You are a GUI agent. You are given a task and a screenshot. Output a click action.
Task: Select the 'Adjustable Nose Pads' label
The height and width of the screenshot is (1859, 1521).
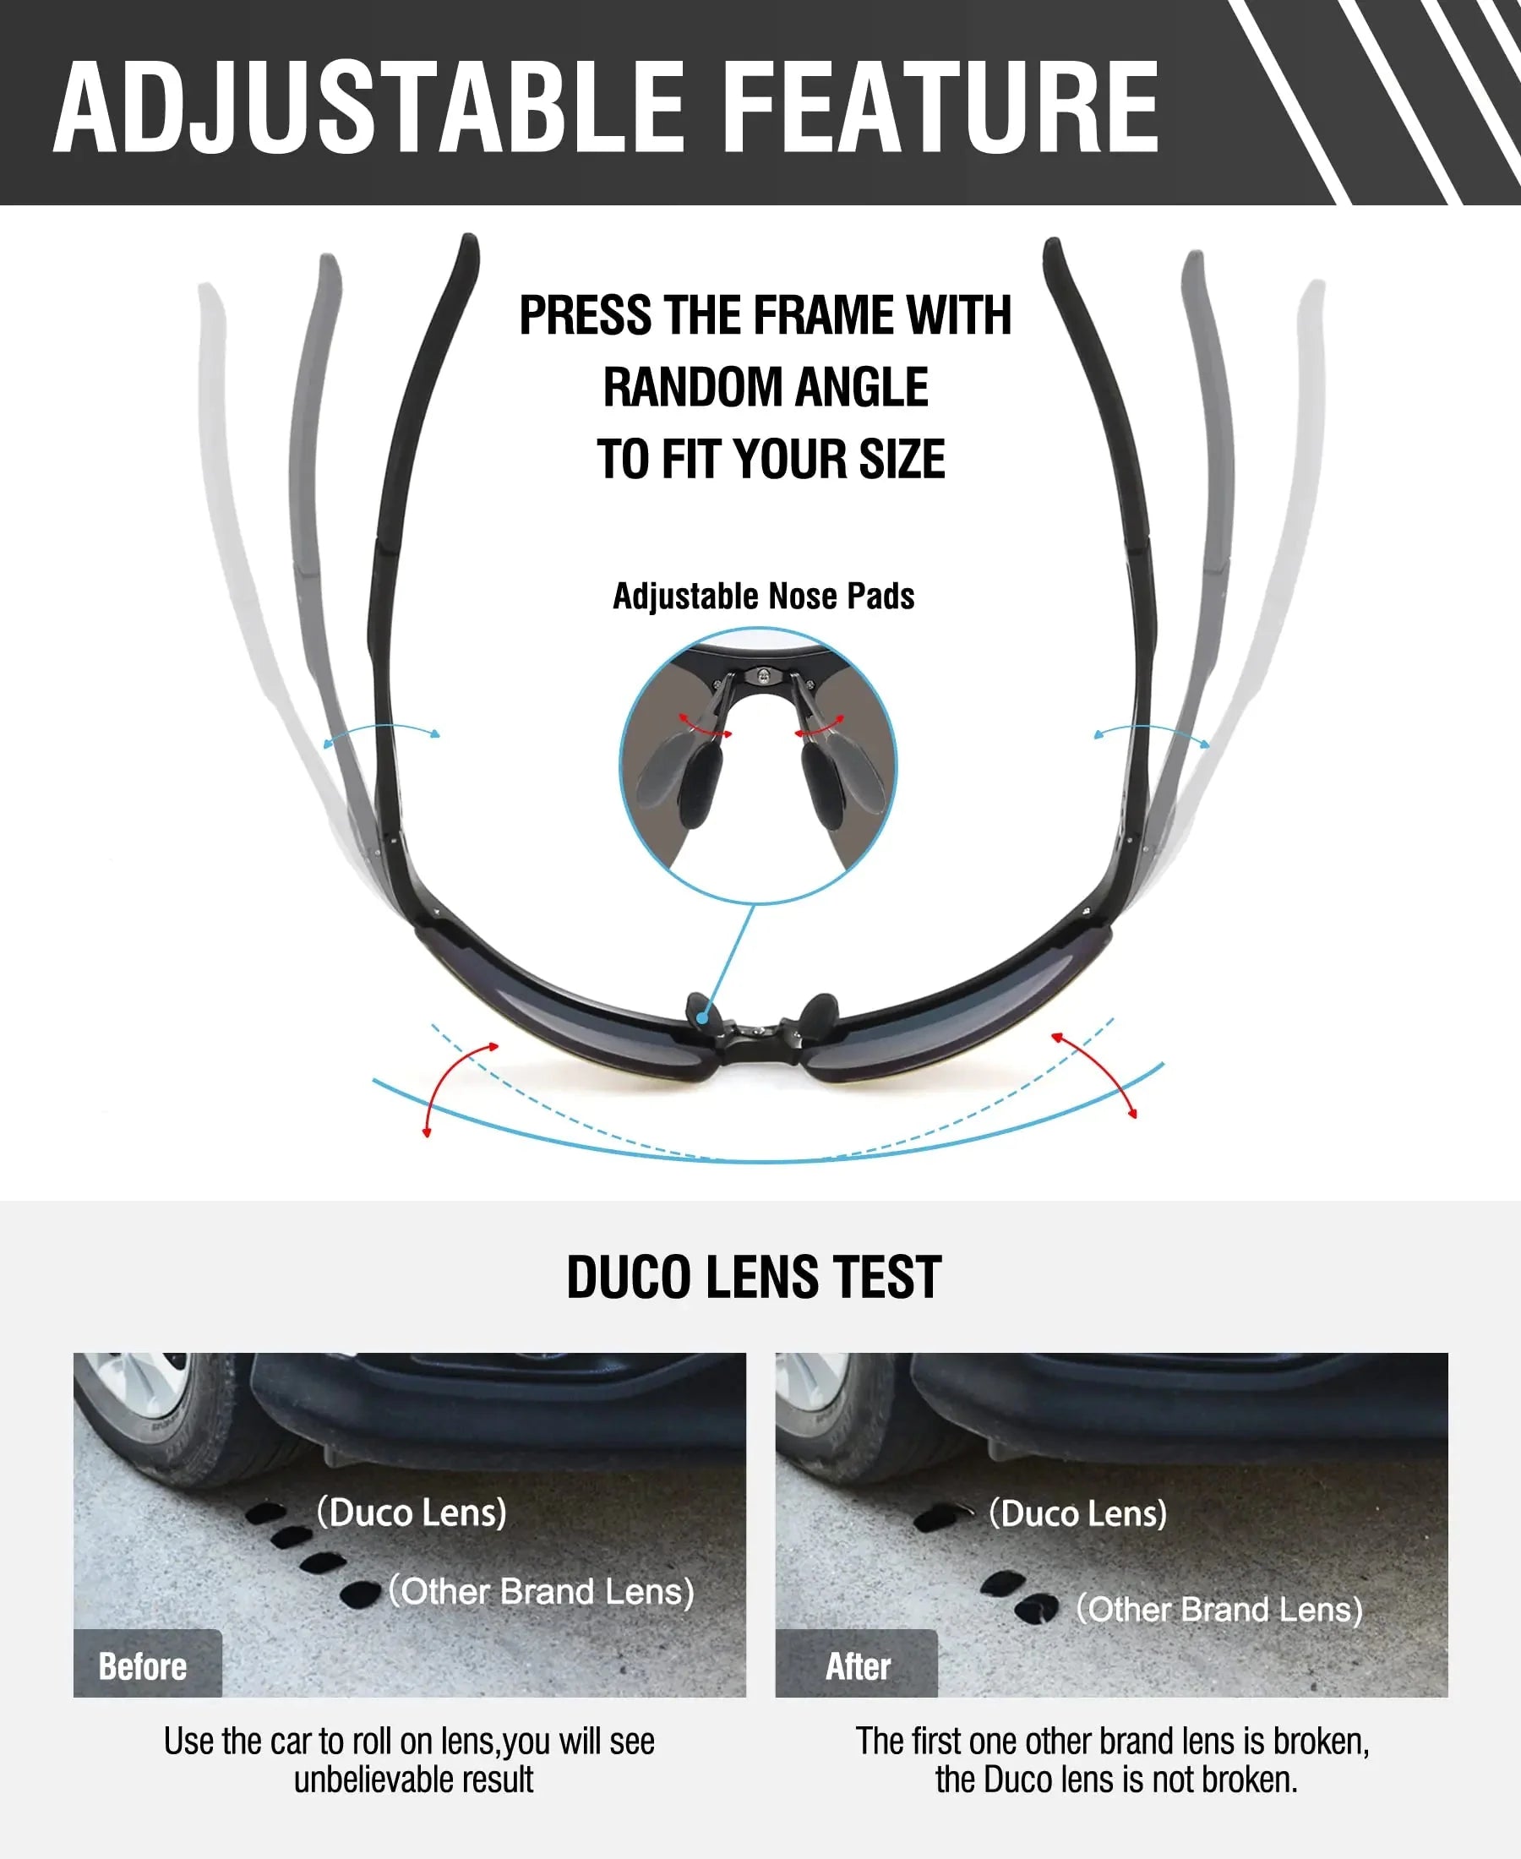[763, 597]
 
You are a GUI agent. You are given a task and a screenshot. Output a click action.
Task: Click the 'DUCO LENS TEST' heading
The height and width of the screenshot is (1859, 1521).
[755, 1277]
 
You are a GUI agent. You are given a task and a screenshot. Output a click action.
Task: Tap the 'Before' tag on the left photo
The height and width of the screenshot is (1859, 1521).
[143, 1665]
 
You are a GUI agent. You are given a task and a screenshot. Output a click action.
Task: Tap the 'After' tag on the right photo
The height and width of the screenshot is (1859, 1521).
[858, 1665]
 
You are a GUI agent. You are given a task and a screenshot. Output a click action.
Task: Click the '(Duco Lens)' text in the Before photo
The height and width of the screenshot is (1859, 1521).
[412, 1512]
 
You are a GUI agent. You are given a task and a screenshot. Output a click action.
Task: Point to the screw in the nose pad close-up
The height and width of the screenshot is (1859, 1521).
[764, 674]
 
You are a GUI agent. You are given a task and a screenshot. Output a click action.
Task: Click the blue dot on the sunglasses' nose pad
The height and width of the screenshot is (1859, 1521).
[702, 1017]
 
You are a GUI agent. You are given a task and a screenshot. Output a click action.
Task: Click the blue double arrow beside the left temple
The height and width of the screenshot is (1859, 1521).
[382, 726]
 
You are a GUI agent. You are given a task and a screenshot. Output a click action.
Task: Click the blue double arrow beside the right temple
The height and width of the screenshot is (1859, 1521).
[1151, 726]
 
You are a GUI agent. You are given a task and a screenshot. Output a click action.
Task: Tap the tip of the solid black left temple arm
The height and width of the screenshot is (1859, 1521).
[470, 238]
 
